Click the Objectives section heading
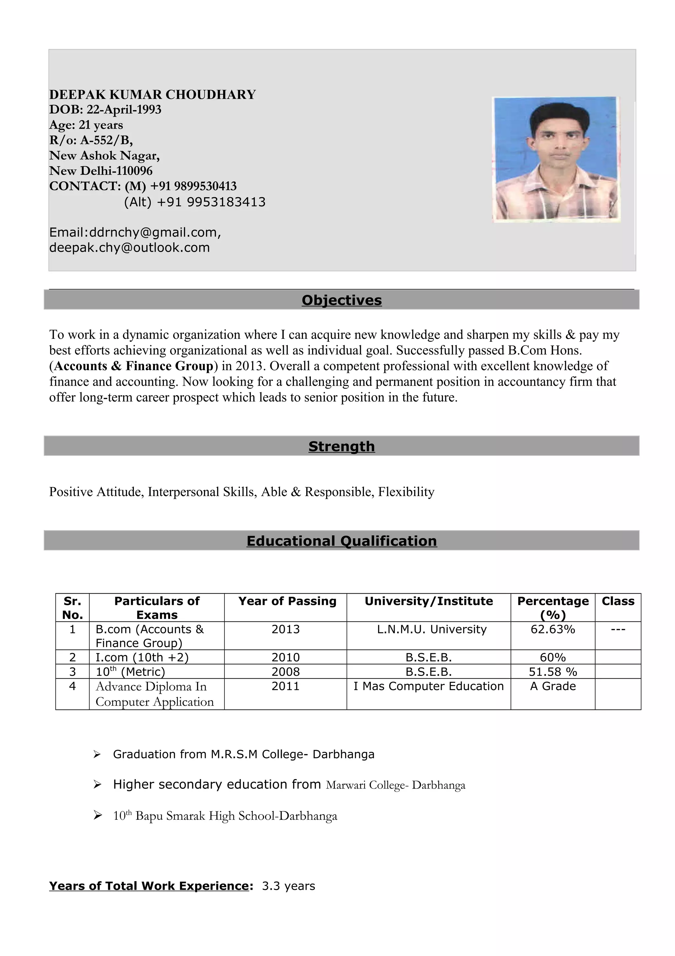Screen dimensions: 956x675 (x=341, y=300)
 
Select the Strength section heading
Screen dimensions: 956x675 (x=341, y=446)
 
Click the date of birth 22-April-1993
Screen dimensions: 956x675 (x=124, y=110)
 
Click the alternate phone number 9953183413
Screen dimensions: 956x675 (x=226, y=202)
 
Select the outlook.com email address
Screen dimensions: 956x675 (x=129, y=248)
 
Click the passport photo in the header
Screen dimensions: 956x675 (x=556, y=159)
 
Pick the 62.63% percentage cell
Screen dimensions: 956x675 (x=552, y=629)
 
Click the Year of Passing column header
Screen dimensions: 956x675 (x=287, y=601)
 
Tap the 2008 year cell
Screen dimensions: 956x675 (x=285, y=672)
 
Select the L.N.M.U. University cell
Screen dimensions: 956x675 (x=432, y=629)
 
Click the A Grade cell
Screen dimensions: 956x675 (x=553, y=686)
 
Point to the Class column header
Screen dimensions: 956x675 (x=618, y=601)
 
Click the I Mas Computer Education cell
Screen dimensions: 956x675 (x=428, y=686)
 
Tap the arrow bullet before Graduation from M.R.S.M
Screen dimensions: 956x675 (x=97, y=754)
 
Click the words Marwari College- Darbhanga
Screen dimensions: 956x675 (x=396, y=785)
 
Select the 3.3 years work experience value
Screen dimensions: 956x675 (x=288, y=886)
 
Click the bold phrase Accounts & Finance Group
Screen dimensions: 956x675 (x=133, y=366)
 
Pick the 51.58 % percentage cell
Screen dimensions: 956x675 (x=553, y=672)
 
